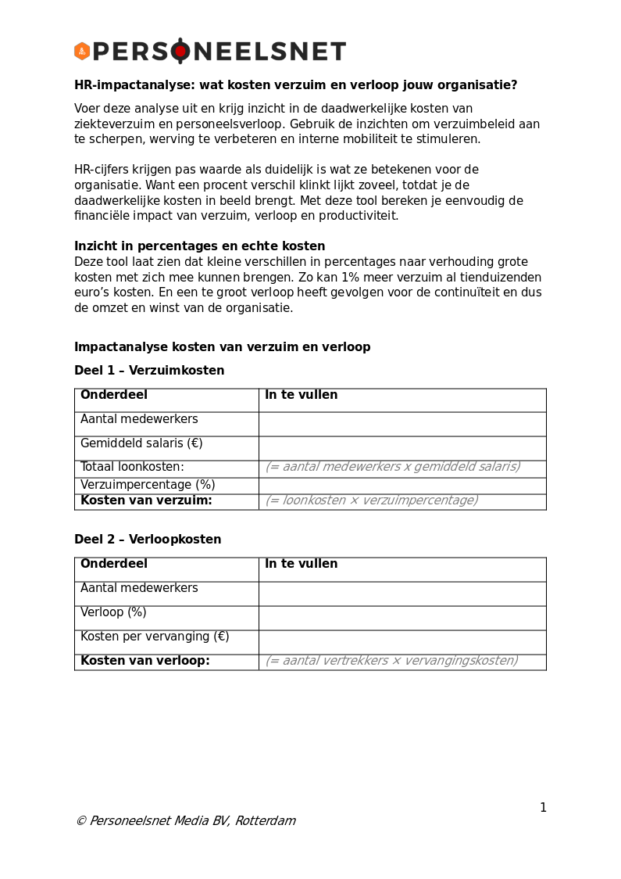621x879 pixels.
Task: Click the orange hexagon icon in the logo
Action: pyautogui.click(x=82, y=52)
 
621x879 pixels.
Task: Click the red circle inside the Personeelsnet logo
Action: pyautogui.click(x=180, y=52)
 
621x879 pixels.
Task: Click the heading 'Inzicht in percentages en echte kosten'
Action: pyautogui.click(x=199, y=246)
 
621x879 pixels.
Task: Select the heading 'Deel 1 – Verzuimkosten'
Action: pyautogui.click(x=149, y=371)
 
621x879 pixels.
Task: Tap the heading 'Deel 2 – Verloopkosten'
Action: pyautogui.click(x=148, y=540)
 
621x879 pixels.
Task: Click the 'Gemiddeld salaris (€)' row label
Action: pyautogui.click(x=141, y=443)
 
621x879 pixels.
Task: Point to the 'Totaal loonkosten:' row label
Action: pyautogui.click(x=132, y=467)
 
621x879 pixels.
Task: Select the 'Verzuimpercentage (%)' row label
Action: pyautogui.click(x=148, y=485)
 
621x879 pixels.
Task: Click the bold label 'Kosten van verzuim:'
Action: pyautogui.click(x=146, y=500)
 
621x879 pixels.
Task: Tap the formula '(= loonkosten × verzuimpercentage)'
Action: pyautogui.click(x=372, y=500)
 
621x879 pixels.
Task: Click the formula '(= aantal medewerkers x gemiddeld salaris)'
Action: pyautogui.click(x=393, y=467)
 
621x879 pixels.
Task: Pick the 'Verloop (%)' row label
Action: pyautogui.click(x=113, y=612)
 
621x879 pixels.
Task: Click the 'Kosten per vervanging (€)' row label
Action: pyautogui.click(x=155, y=637)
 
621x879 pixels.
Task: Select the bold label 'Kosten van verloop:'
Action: pyautogui.click(x=145, y=661)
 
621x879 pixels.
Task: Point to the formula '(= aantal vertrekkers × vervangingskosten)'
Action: pyautogui.click(x=391, y=661)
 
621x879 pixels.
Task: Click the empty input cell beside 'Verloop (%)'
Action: pyautogui.click(x=402, y=618)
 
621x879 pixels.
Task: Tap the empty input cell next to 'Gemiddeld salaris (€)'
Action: pyautogui.click(x=402, y=448)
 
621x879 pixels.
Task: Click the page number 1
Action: pyautogui.click(x=543, y=808)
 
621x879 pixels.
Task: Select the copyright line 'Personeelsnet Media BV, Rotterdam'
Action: pyautogui.click(x=186, y=821)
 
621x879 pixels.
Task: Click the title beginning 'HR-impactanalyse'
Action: pyautogui.click(x=295, y=85)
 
